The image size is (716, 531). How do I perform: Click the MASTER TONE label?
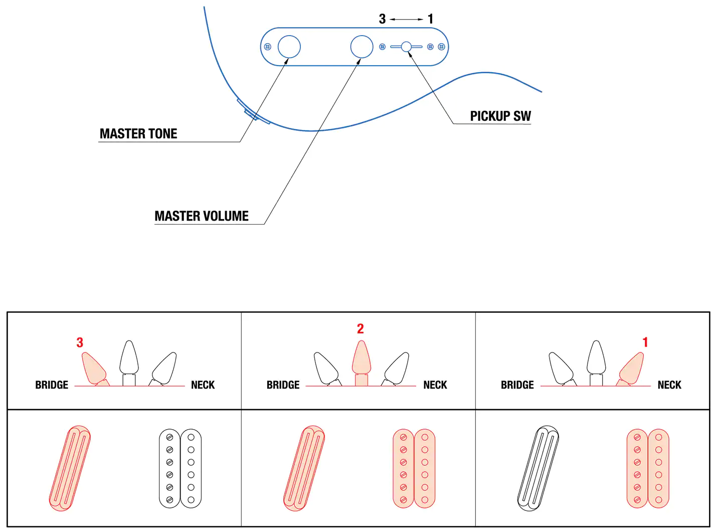point(138,134)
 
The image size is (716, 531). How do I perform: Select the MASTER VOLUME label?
point(202,216)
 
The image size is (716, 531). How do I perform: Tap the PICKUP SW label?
point(500,116)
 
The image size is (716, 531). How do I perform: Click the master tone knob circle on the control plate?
point(289,47)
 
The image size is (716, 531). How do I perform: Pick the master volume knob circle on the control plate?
point(362,47)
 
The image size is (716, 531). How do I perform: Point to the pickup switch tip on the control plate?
point(406,47)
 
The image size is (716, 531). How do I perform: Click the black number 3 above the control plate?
point(382,19)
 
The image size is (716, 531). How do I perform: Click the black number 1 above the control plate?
point(430,19)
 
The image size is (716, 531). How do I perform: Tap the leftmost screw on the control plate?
point(268,47)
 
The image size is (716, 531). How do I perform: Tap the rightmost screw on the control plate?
point(441,47)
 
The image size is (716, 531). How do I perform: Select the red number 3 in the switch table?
point(80,342)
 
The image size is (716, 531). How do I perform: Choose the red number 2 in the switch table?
point(360,329)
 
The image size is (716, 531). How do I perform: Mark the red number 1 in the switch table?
point(645,342)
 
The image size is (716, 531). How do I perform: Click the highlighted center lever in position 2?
point(362,359)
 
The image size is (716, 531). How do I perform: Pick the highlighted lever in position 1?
point(632,368)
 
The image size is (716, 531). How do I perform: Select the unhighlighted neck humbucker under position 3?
point(180,468)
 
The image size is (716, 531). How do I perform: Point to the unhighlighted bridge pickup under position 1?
point(538,468)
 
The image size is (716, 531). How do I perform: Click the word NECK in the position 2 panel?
point(435,385)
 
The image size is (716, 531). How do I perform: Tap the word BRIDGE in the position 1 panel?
point(517,385)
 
